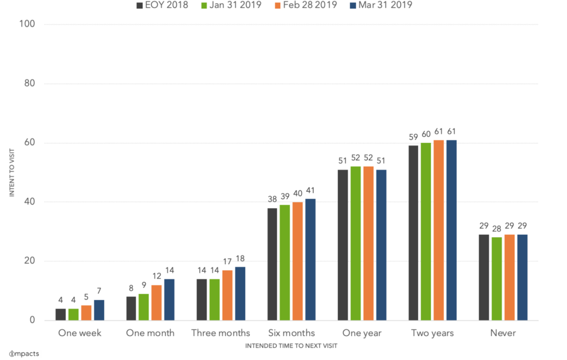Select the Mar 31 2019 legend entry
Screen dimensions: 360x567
click(380, 5)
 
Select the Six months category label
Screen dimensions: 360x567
click(291, 333)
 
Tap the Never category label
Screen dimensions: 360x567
click(503, 333)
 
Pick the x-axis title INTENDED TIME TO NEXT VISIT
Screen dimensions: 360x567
click(291, 346)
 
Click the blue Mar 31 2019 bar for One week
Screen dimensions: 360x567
click(99, 310)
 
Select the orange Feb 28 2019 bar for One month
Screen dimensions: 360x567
click(157, 302)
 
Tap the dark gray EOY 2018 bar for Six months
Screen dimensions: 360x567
click(272, 264)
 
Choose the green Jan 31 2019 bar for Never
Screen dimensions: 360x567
click(497, 279)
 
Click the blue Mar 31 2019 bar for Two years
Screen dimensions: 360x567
click(452, 230)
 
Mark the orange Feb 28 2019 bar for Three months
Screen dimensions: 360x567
click(228, 295)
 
